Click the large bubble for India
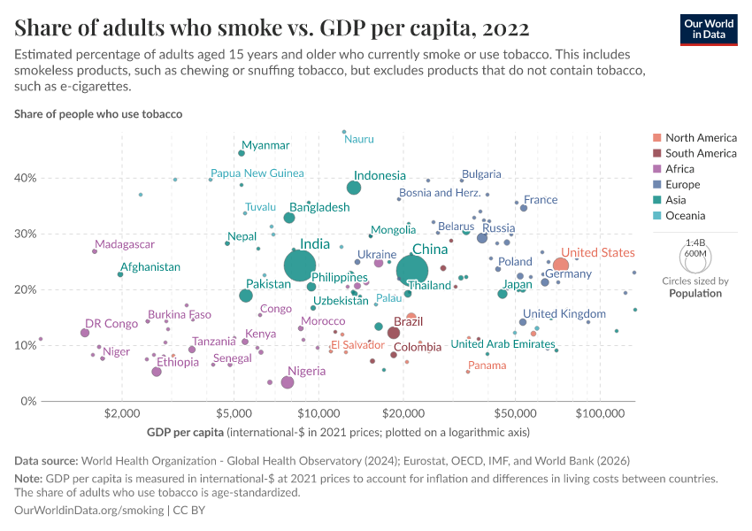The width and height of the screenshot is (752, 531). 301,264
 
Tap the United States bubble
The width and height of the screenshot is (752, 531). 561,265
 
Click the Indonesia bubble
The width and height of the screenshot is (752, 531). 354,188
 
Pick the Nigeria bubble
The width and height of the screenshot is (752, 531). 288,382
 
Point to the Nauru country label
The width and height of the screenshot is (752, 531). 359,139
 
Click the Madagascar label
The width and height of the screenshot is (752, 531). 125,244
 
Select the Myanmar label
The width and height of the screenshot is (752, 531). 265,145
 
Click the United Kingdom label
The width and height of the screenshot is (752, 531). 564,313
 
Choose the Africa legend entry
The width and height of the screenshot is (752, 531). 681,169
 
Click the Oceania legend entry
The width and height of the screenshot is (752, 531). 686,216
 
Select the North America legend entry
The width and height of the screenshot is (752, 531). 701,138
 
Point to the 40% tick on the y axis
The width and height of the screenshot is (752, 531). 25,178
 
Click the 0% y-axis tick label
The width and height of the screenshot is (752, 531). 27,402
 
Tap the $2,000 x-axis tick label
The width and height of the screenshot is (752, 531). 120,413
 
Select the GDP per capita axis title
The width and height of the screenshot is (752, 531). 186,433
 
